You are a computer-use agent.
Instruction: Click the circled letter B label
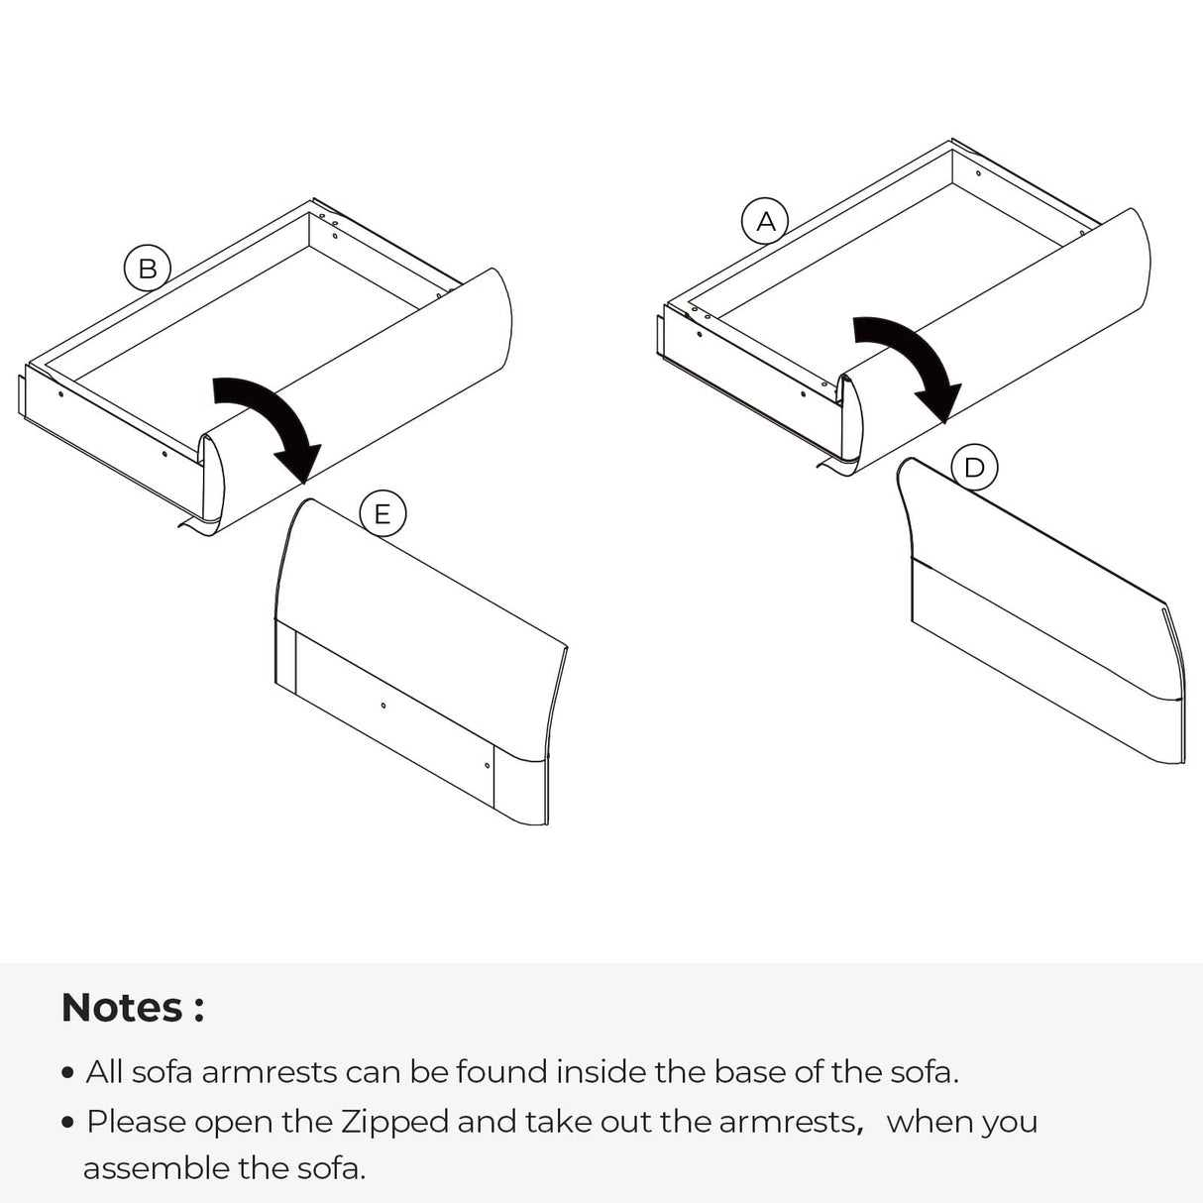click(148, 269)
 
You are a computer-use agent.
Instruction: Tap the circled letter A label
click(765, 221)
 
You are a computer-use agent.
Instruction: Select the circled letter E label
click(383, 513)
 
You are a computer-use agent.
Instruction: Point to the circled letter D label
click(974, 467)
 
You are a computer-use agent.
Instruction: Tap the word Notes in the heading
click(122, 1007)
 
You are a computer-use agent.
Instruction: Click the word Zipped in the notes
click(394, 1122)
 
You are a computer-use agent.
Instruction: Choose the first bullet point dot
click(68, 1073)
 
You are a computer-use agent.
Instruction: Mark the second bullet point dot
click(68, 1123)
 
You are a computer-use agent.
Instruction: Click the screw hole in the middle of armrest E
click(383, 706)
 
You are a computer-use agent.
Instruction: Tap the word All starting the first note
click(104, 1072)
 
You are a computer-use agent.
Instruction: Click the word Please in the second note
click(136, 1122)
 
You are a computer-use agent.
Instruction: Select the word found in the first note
click(501, 1072)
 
